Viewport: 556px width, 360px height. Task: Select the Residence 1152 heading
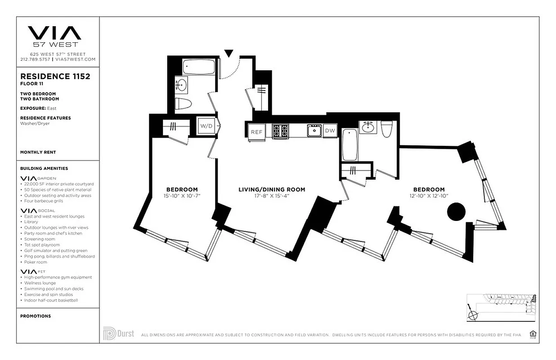55,76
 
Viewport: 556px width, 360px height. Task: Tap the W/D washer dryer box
207,126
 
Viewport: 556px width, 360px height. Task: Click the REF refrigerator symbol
256,132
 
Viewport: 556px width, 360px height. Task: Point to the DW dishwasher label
330,130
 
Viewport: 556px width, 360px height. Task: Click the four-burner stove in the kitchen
280,131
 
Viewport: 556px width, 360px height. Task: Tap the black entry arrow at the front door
229,54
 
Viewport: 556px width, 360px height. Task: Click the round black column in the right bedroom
456,211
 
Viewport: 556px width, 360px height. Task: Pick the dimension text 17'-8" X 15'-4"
272,196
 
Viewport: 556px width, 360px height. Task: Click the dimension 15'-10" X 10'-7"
182,196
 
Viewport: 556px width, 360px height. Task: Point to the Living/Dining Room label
272,189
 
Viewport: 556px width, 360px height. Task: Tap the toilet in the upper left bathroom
183,103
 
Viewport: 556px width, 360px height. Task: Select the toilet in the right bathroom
387,129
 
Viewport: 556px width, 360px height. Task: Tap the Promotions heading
36,316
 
